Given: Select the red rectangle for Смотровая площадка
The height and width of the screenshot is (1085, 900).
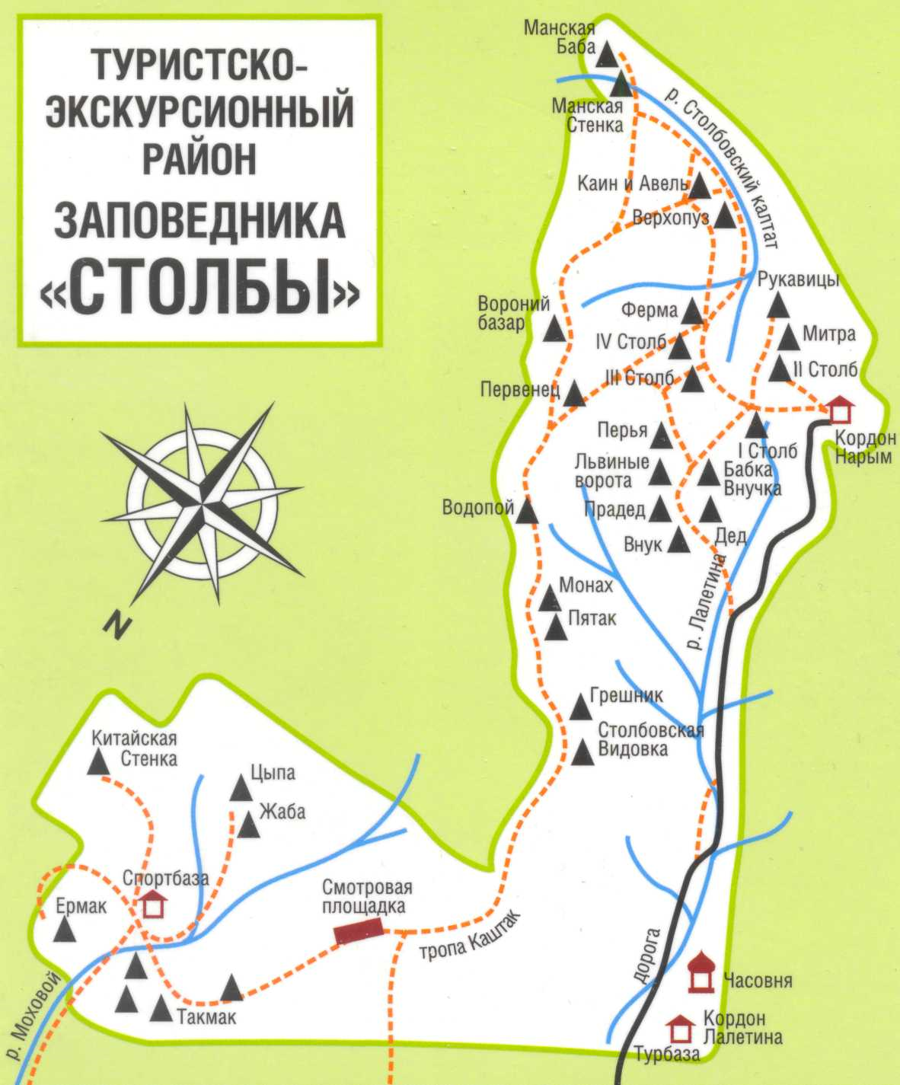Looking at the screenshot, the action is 359,931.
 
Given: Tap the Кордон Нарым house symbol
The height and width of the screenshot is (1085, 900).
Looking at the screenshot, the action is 839,410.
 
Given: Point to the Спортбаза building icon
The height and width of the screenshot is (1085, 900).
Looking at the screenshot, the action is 153,904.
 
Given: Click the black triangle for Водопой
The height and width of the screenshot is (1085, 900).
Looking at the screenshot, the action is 526,512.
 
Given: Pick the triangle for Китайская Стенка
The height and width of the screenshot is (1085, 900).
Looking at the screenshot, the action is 97,762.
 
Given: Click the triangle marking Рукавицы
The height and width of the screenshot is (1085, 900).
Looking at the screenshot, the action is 777,306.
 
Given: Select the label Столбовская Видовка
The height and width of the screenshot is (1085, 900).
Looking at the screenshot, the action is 650,739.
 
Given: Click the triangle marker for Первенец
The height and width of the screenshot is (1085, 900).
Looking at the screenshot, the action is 574,394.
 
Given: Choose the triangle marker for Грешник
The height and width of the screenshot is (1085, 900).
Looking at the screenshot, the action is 582,709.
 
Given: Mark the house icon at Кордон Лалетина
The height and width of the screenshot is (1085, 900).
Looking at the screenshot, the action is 681,1029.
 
